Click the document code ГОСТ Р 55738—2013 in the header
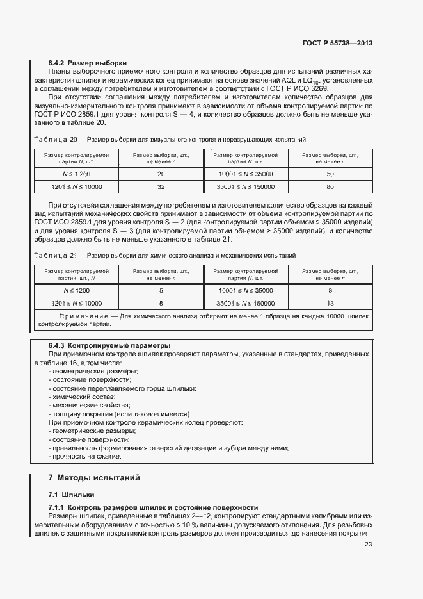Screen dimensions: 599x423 click(x=337, y=43)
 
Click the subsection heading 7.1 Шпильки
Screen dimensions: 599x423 click(x=71, y=495)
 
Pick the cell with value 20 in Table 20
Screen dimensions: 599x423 click(x=161, y=174)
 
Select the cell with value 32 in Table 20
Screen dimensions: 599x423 click(x=161, y=187)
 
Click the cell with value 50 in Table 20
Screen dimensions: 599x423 click(x=330, y=174)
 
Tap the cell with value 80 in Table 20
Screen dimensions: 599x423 click(x=330, y=187)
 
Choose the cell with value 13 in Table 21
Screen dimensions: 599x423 click(x=330, y=303)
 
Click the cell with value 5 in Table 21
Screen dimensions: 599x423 click(x=161, y=290)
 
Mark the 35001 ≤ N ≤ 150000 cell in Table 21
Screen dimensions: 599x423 click(x=246, y=303)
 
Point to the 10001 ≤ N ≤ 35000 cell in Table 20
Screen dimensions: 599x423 click(x=246, y=174)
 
